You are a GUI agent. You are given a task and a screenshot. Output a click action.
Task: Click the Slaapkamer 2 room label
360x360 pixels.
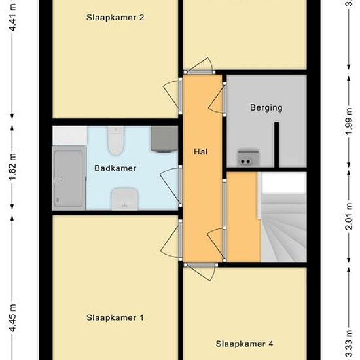(x=115, y=18)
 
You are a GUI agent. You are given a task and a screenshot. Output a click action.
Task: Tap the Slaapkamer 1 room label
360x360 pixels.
(x=115, y=317)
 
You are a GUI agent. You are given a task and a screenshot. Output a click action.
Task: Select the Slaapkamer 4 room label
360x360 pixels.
(x=244, y=344)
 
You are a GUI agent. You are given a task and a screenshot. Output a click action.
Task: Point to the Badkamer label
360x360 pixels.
(x=115, y=168)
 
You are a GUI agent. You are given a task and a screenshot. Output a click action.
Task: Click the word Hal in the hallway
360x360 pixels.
(x=200, y=152)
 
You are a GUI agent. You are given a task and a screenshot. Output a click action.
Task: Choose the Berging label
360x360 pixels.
(x=266, y=108)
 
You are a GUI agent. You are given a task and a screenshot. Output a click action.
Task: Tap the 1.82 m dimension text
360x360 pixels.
(x=13, y=167)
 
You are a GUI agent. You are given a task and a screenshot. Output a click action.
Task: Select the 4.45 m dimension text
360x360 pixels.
(x=13, y=317)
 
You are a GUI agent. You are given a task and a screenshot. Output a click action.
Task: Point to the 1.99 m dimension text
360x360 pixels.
(x=349, y=122)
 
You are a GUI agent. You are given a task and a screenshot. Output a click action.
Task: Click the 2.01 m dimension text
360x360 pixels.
(x=349, y=216)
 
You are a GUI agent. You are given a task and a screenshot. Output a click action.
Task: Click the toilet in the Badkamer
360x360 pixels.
(x=116, y=141)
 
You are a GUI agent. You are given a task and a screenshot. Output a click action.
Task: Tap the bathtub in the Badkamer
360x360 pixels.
(x=69, y=178)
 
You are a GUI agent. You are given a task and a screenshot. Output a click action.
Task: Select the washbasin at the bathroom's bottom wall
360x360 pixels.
(x=124, y=199)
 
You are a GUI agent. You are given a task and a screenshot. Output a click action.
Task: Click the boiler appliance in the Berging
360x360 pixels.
(x=248, y=158)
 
